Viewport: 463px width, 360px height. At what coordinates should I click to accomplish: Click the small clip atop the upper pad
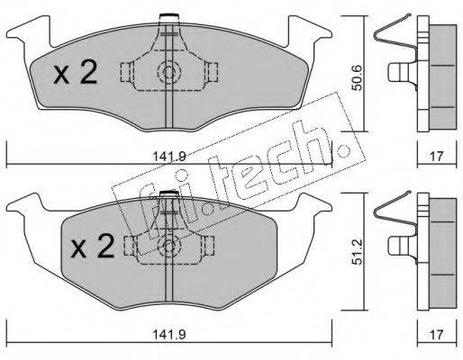coord(167,18)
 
